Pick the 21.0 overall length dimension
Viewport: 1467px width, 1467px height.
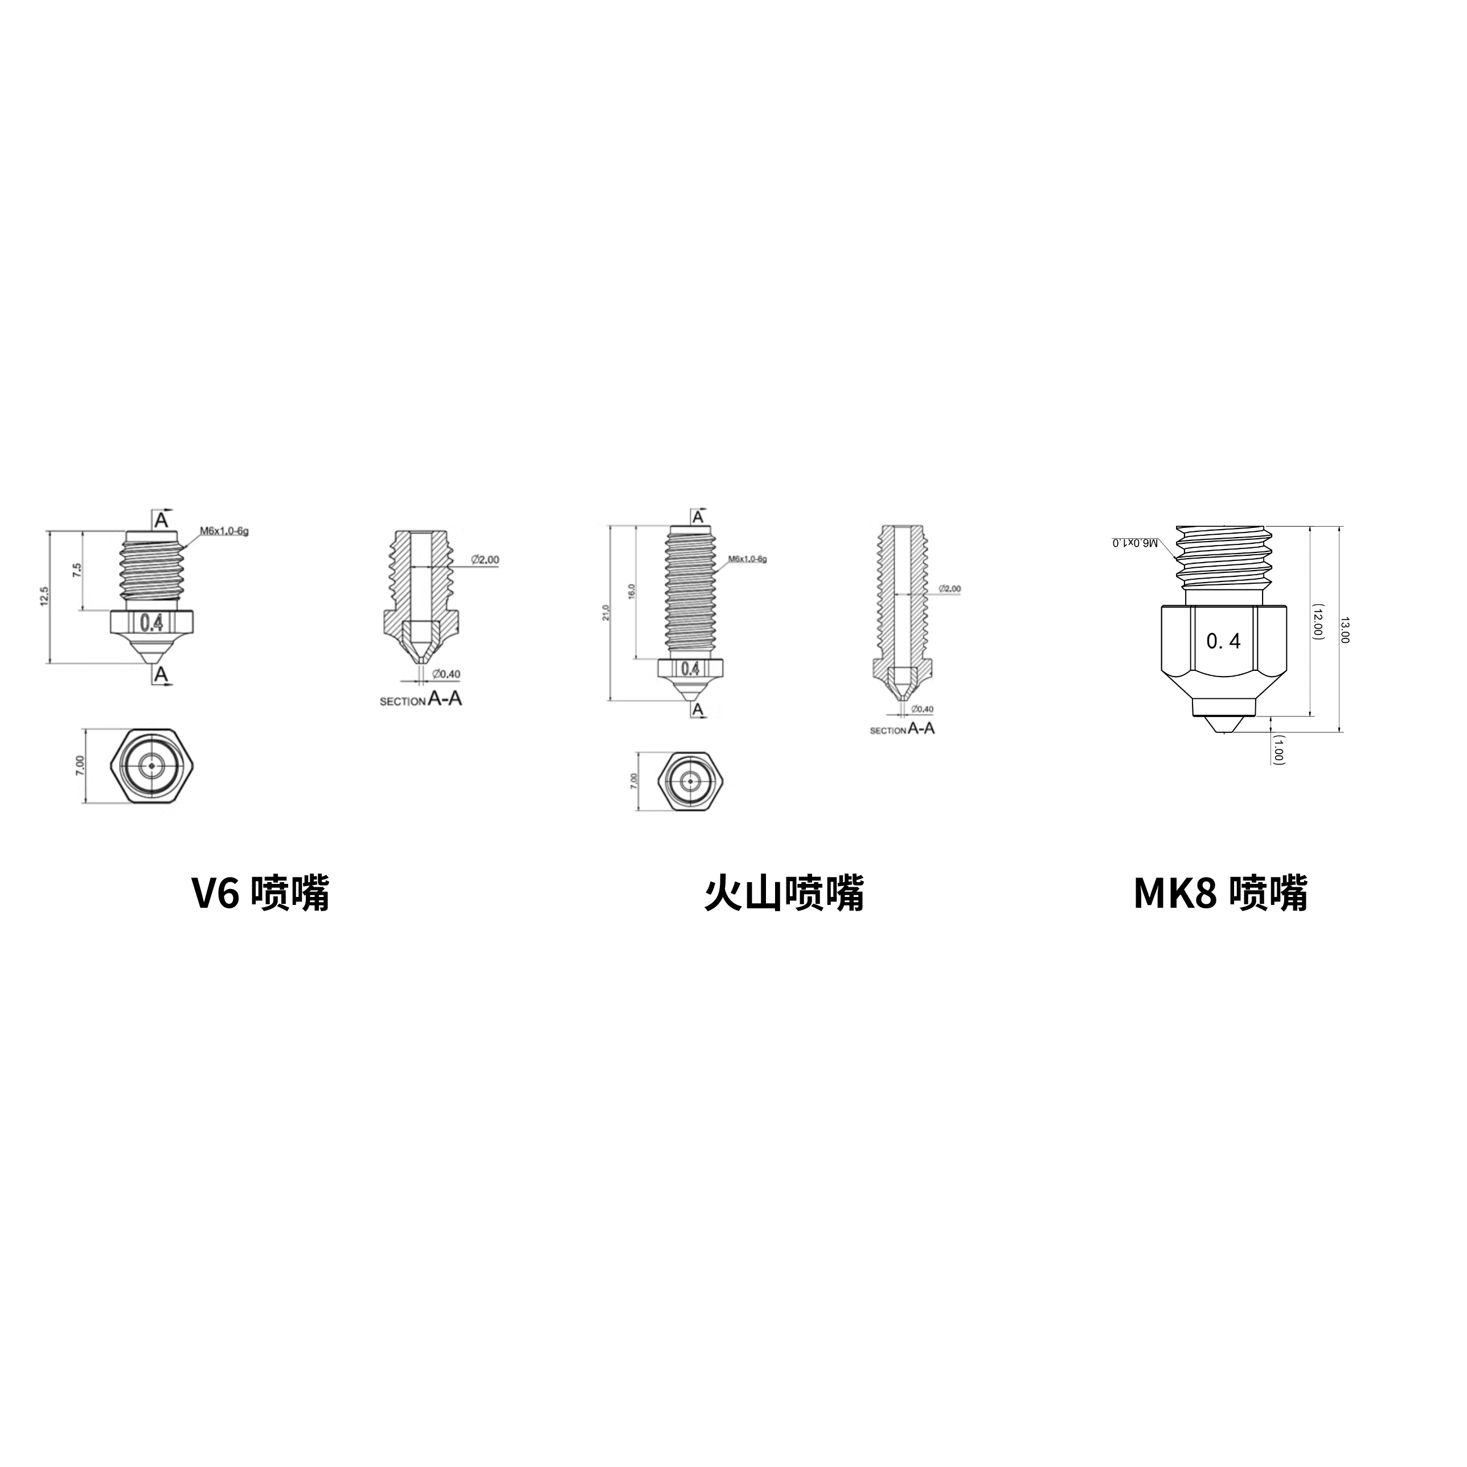click(x=605, y=612)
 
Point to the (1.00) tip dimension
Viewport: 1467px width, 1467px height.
click(x=1278, y=749)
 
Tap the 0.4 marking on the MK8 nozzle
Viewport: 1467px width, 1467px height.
click(x=1223, y=642)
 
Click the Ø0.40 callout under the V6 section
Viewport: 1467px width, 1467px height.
click(x=446, y=674)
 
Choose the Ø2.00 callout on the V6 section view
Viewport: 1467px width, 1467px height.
click(x=485, y=560)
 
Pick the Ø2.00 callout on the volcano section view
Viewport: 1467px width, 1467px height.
click(x=949, y=588)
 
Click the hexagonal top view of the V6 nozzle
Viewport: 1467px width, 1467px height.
click(x=150, y=766)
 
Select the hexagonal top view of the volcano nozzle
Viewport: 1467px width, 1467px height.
click(x=690, y=780)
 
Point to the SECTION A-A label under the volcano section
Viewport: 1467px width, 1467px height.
click(x=902, y=729)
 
